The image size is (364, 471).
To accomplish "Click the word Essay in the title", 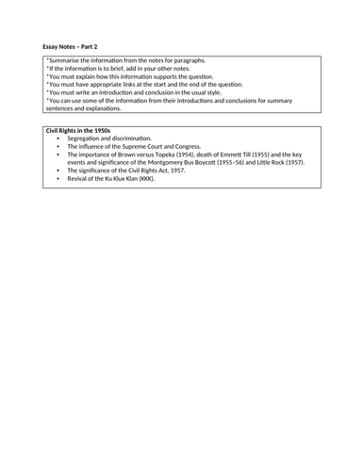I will (52, 45).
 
